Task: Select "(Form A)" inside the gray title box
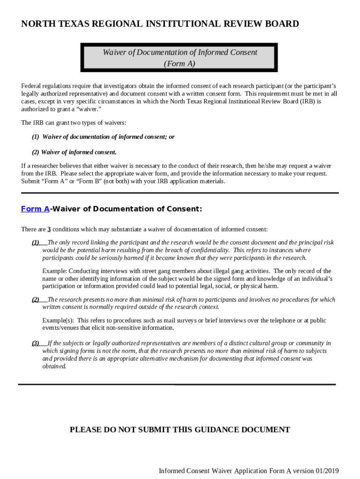[x=180, y=64]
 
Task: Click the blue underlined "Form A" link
[x=35, y=209]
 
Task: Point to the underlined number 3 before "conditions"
[x=49, y=229]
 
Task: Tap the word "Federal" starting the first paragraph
[x=31, y=86]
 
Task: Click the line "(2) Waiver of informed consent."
[x=74, y=152]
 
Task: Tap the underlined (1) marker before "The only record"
[x=36, y=242]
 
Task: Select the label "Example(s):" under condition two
[x=58, y=320]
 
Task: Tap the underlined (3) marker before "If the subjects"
[x=36, y=343]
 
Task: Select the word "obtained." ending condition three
[x=54, y=366]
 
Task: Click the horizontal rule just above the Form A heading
[x=180, y=193]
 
